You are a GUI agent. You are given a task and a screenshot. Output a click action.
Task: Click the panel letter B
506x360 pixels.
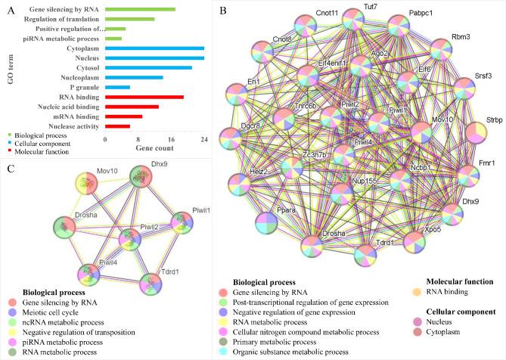pos(222,9)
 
